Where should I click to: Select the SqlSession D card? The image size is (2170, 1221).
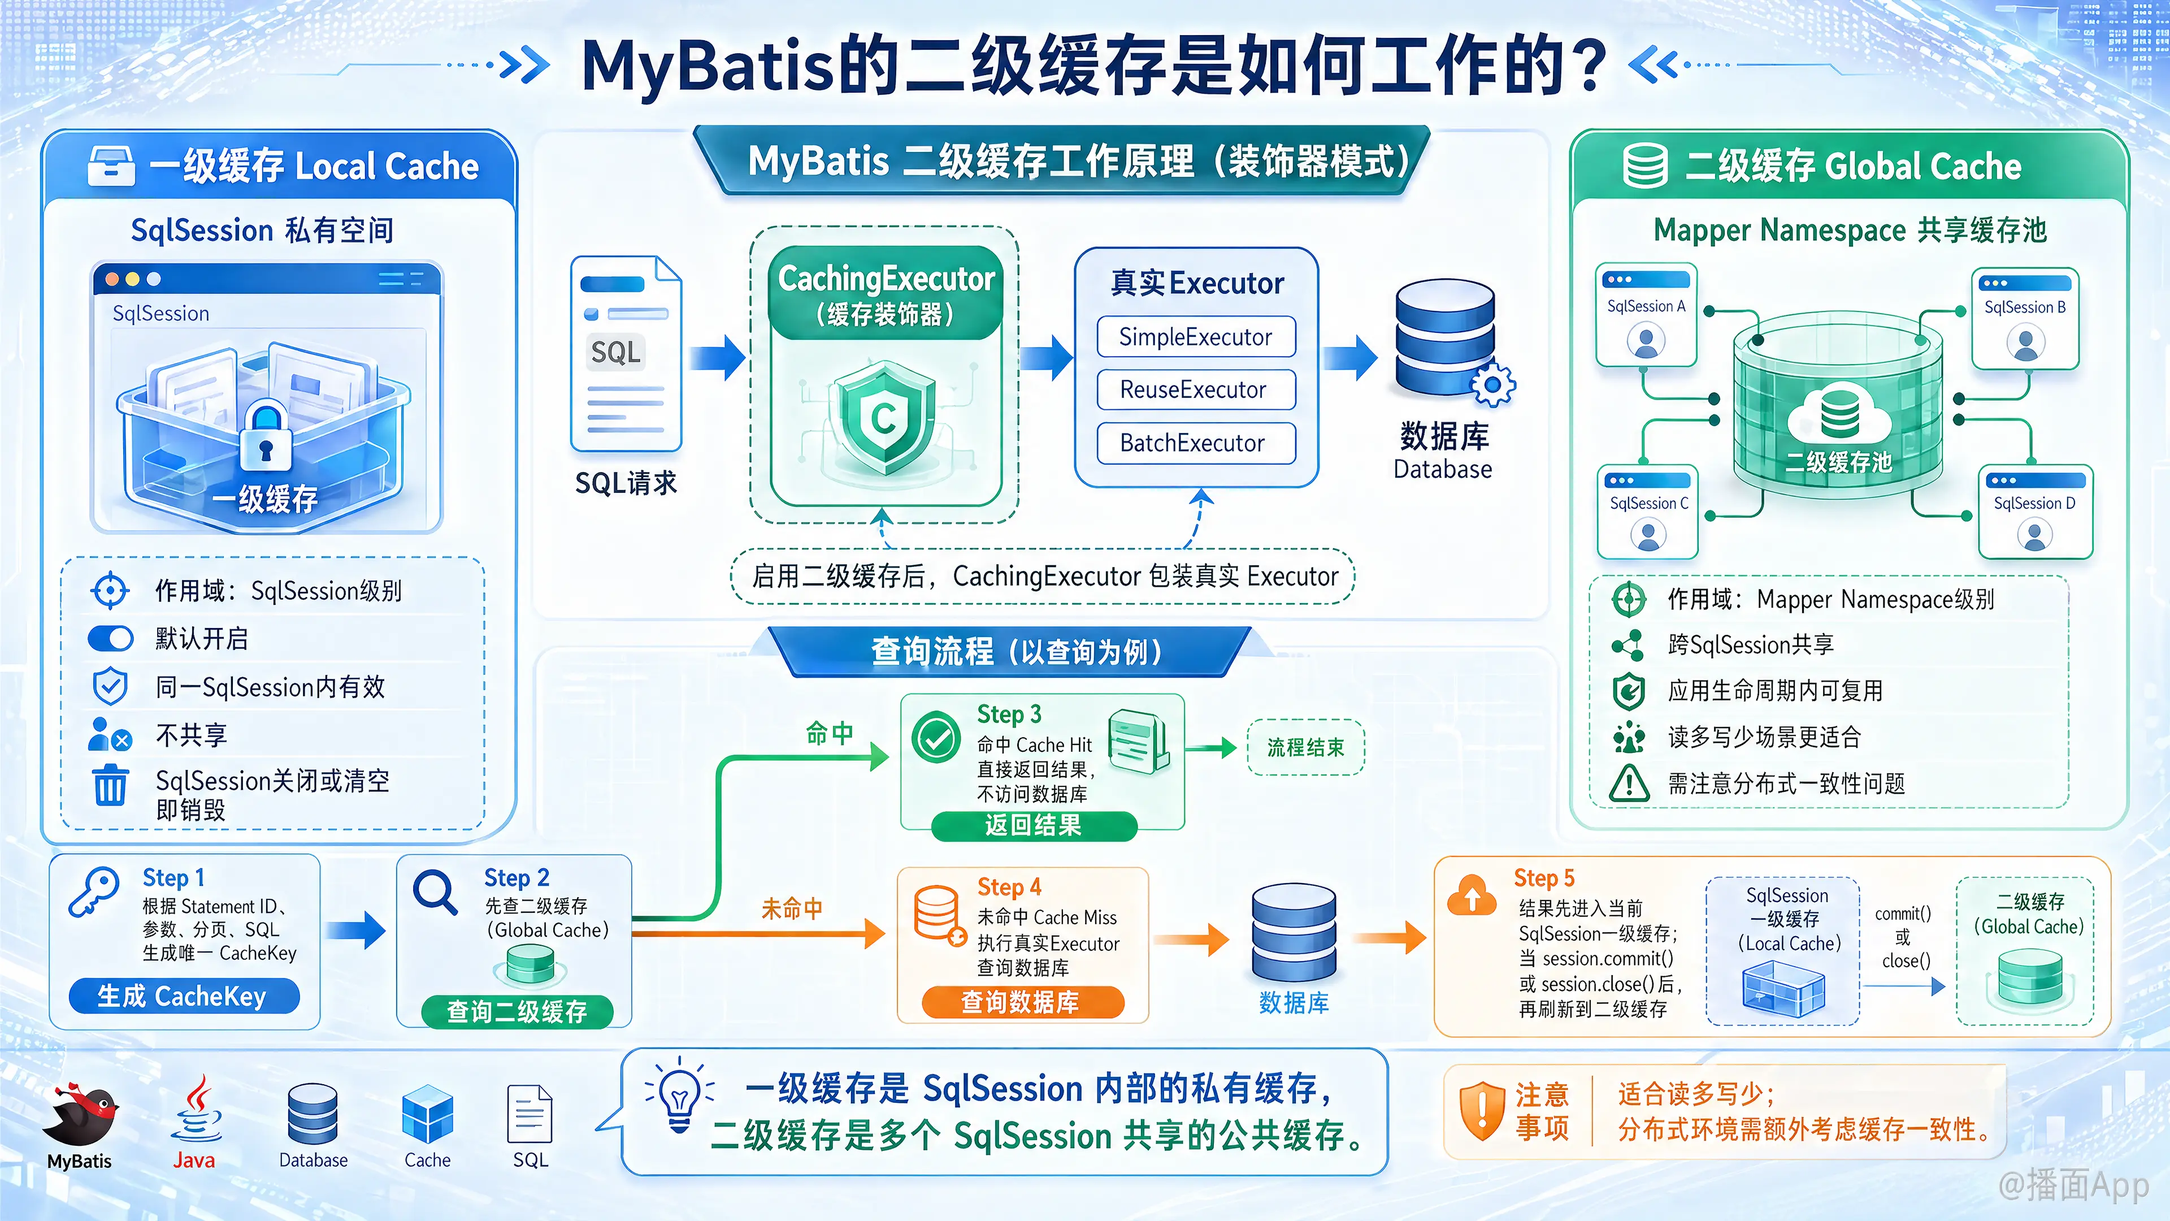[2034, 512]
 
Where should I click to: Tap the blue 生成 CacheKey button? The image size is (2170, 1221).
[184, 996]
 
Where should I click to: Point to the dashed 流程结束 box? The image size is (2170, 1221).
[1306, 747]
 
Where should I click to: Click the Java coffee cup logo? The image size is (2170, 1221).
[196, 1108]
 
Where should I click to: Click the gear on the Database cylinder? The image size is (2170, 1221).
[1492, 385]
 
